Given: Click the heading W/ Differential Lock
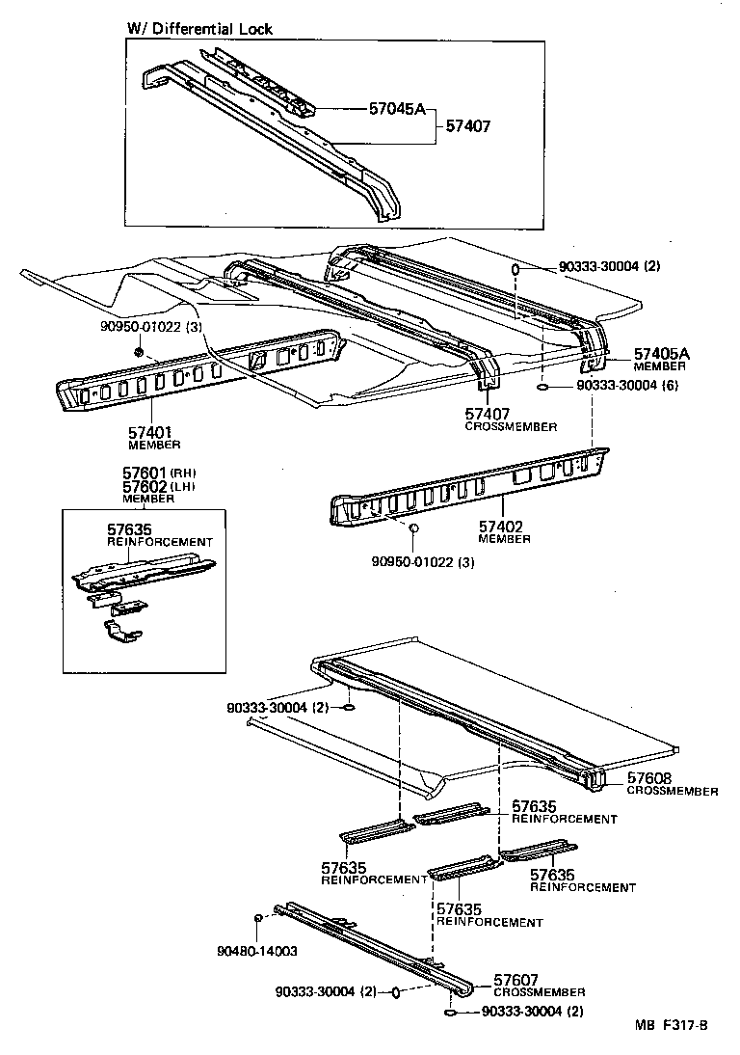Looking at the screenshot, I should pyautogui.click(x=199, y=29).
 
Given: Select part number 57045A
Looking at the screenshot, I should pyautogui.click(x=396, y=109).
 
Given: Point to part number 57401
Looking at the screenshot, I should pyautogui.click(x=150, y=433).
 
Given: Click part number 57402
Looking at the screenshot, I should pyautogui.click(x=501, y=527).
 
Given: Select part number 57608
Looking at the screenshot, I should pyautogui.click(x=650, y=778).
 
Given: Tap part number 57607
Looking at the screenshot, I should pyautogui.click(x=516, y=979).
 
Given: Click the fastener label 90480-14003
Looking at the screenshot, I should pyautogui.click(x=256, y=951).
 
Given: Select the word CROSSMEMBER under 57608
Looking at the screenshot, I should pyautogui.click(x=673, y=792).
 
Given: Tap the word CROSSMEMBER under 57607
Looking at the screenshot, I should pyautogui.click(x=539, y=992).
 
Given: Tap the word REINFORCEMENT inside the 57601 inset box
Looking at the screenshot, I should pyautogui.click(x=159, y=542).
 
